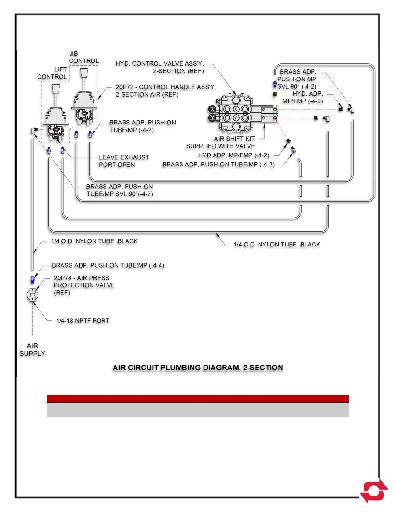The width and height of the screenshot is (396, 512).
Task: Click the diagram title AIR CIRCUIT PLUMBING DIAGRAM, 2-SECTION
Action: point(198,368)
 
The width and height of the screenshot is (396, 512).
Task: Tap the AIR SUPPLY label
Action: point(32,350)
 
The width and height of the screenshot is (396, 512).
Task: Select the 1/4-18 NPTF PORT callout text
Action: point(82,321)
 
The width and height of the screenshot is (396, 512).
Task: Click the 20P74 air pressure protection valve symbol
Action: point(32,294)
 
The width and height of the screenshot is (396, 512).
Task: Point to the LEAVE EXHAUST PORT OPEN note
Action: point(124,161)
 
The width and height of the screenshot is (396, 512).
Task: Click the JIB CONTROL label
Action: point(83,57)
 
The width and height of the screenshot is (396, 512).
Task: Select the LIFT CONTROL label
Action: point(52,73)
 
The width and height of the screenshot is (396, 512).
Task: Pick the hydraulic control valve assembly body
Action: point(236,113)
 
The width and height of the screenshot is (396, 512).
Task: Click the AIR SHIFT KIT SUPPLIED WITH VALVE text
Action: point(220,142)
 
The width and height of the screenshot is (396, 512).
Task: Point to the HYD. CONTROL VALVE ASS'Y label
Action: point(159,67)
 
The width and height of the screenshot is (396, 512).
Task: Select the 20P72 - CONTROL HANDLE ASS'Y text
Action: point(166,91)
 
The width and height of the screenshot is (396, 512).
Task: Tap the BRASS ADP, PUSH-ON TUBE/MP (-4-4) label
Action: point(108,265)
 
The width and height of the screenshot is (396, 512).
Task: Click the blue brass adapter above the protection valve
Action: point(32,280)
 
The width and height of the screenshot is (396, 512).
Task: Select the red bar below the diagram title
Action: point(198,399)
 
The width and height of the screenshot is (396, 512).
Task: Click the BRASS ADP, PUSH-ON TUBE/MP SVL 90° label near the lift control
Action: point(119,190)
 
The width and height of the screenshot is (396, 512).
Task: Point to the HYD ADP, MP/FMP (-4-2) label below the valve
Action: point(234,155)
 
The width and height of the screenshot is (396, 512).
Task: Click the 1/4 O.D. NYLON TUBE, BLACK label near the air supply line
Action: point(94,241)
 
